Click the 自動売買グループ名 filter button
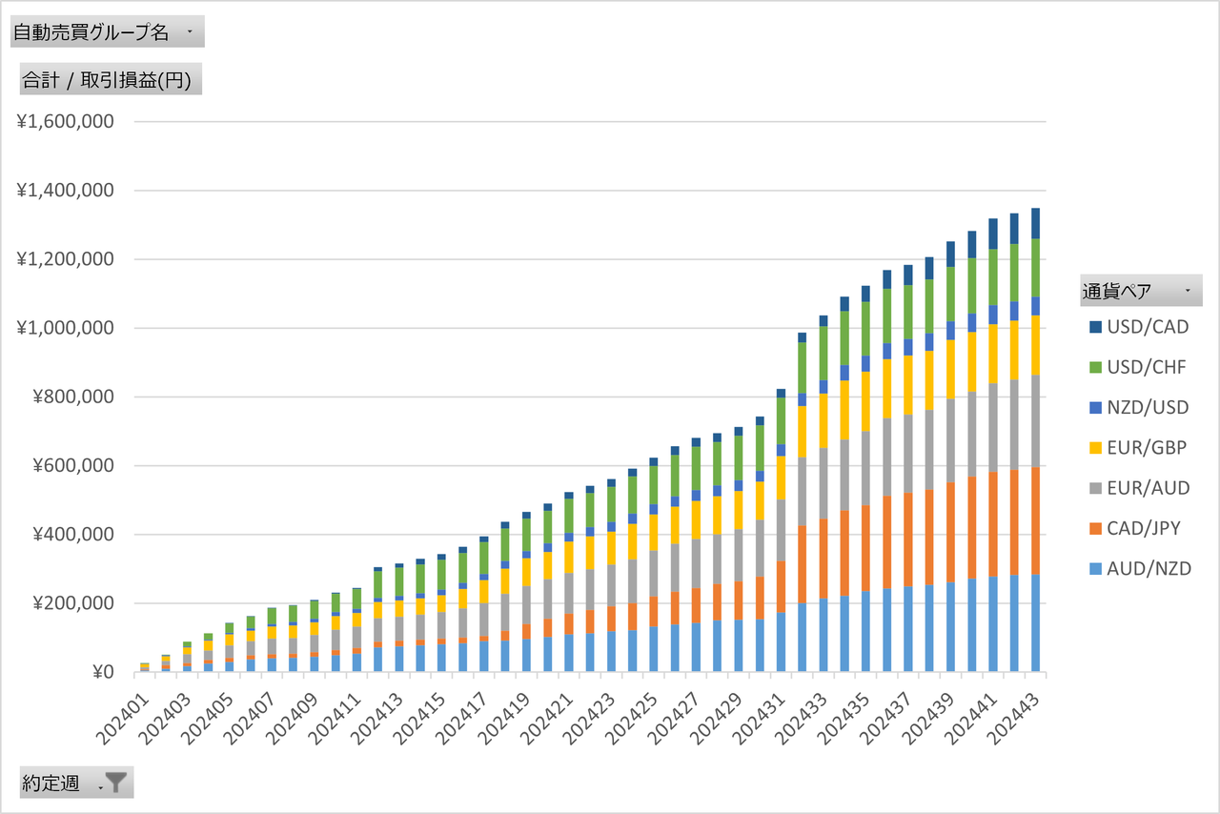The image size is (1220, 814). point(107,31)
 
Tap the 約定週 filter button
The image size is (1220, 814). point(76,783)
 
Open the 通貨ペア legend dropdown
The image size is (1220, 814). point(1140,290)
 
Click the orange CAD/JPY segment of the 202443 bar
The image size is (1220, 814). point(1036,519)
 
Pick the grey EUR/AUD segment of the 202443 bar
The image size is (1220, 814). point(1036,420)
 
